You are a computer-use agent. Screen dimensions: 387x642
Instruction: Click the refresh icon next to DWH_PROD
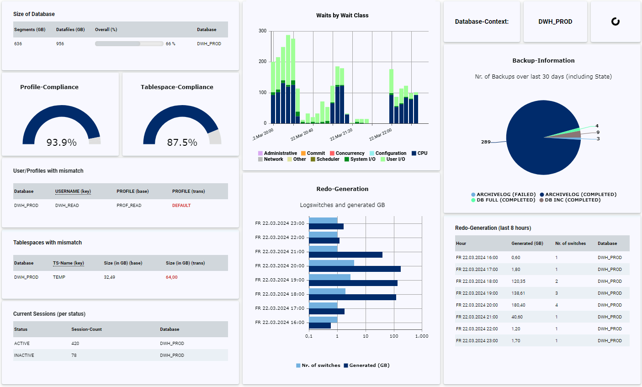[615, 21]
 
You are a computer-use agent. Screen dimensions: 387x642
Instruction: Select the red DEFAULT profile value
[181, 206]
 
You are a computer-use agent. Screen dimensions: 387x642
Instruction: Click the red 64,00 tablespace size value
[172, 277]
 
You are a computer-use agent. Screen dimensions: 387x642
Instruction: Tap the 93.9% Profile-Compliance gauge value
[61, 143]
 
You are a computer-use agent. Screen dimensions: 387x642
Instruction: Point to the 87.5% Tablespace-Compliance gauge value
[182, 143]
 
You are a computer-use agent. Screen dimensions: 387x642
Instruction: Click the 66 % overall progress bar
[129, 44]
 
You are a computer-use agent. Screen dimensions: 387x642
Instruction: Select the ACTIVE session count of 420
[75, 344]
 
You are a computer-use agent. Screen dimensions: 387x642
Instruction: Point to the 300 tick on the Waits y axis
[262, 31]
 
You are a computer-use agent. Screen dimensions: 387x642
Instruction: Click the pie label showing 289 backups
[486, 142]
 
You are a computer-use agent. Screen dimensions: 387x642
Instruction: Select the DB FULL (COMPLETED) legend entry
[503, 200]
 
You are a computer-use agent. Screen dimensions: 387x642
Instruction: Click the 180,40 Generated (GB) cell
[518, 305]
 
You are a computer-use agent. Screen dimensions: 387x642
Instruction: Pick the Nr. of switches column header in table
[570, 244]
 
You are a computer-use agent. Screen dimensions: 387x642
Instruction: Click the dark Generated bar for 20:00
[355, 269]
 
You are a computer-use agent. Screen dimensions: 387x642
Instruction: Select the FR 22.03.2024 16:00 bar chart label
[280, 323]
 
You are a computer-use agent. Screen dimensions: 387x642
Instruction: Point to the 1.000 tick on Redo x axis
[421, 336]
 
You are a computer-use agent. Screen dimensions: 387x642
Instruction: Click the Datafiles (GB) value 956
[60, 44]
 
